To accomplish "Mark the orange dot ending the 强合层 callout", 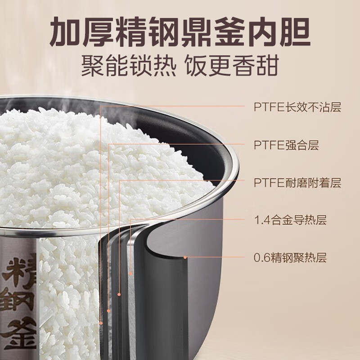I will coord(108,310).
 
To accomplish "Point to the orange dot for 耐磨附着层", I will coord(119,294).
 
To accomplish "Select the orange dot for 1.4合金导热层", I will coord(131,273).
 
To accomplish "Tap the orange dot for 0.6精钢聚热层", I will coord(186,258).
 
